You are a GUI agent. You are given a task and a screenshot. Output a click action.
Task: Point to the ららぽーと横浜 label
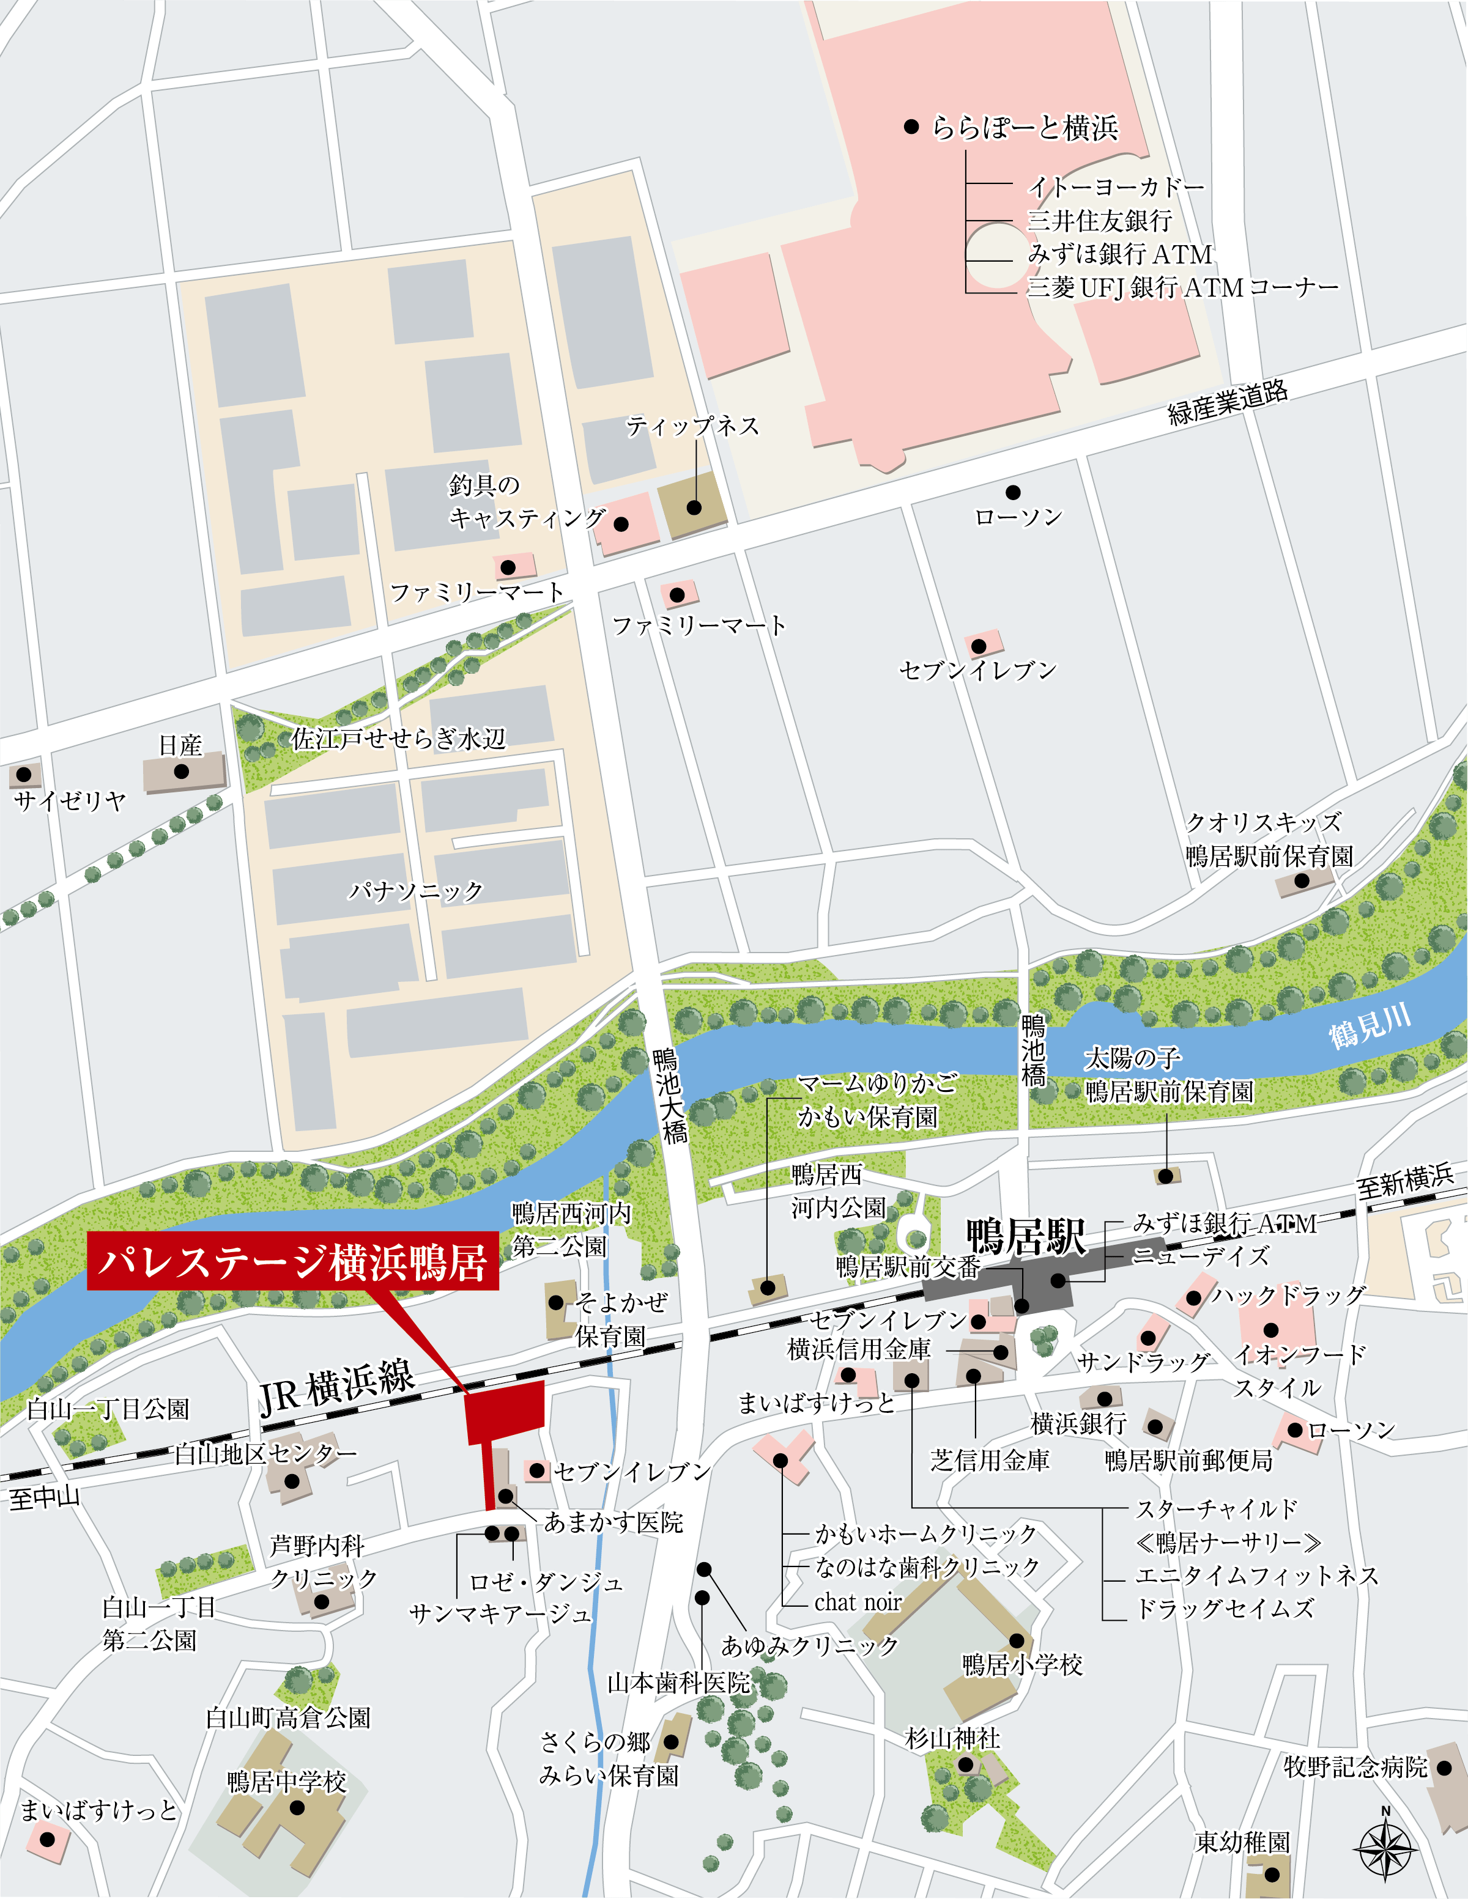point(1025,128)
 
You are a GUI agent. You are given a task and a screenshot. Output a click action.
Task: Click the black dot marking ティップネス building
point(694,507)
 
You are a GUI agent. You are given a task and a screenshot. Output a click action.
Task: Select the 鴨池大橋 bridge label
point(670,1096)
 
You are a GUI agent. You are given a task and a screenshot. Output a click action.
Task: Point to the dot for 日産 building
point(181,771)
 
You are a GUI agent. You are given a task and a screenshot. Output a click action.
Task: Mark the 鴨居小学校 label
point(1022,1665)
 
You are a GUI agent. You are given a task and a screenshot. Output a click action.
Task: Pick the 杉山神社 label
point(952,1738)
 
